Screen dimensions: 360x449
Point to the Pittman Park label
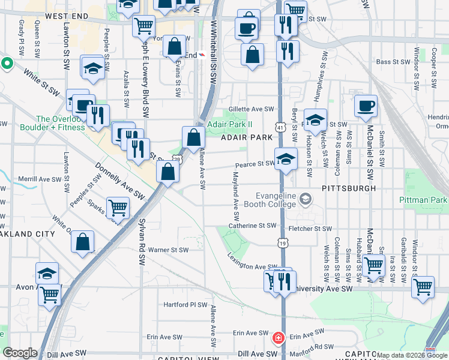click(423, 199)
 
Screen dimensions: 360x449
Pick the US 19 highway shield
click(282, 243)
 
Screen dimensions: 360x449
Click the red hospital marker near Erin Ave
click(278, 338)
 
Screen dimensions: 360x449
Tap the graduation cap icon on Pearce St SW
click(286, 160)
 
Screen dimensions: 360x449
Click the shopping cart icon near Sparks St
click(118, 208)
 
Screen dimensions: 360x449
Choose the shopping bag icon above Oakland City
click(83, 242)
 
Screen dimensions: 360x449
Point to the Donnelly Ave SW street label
click(120, 181)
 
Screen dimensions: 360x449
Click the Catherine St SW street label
click(252, 226)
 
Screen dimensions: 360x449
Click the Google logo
click(20, 353)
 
